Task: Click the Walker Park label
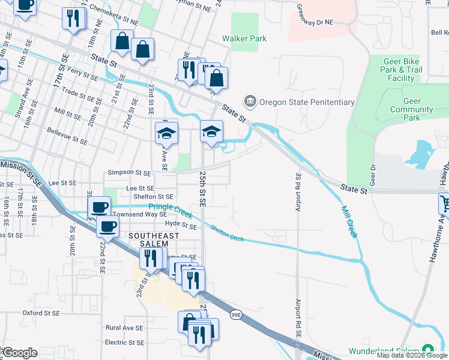244,38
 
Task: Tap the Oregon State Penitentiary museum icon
250,101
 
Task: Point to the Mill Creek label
349,222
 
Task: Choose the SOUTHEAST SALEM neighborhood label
154,241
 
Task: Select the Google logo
20,353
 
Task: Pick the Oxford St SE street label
41,313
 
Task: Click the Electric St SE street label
125,343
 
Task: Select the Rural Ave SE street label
125,328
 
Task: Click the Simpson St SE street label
129,173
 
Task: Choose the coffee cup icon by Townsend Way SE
100,208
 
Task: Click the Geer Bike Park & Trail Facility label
401,70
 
